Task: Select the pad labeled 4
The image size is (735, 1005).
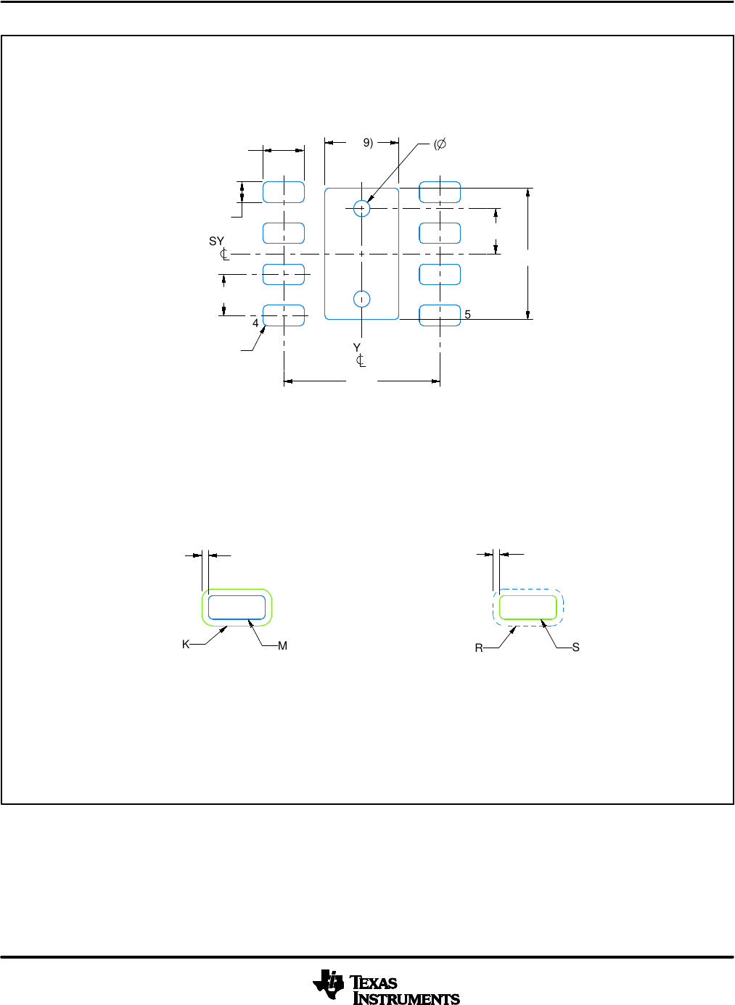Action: [283, 315]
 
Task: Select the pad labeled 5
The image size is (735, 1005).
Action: [440, 315]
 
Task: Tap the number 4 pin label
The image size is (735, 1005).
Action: [255, 323]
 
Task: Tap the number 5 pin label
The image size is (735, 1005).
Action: [467, 315]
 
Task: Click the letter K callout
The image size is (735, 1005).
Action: [186, 645]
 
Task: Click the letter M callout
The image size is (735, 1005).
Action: [282, 645]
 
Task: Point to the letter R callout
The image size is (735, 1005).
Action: [479, 648]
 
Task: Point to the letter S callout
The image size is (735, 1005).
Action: [575, 647]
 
